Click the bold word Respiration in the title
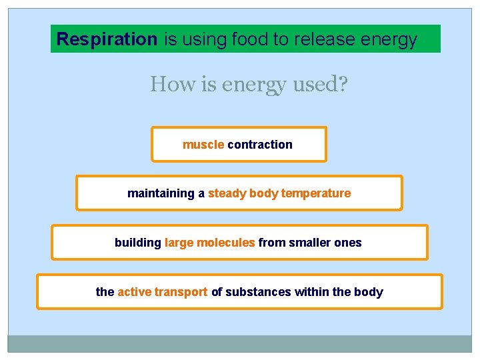[x=107, y=39]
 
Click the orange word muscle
[x=203, y=145]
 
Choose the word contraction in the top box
[x=260, y=145]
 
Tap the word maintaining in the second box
[x=161, y=193]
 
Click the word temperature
[x=316, y=193]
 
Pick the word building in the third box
[x=137, y=243]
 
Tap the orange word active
[x=134, y=292]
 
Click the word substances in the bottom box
[x=253, y=292]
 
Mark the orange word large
[x=179, y=243]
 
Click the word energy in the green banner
[x=389, y=39]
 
